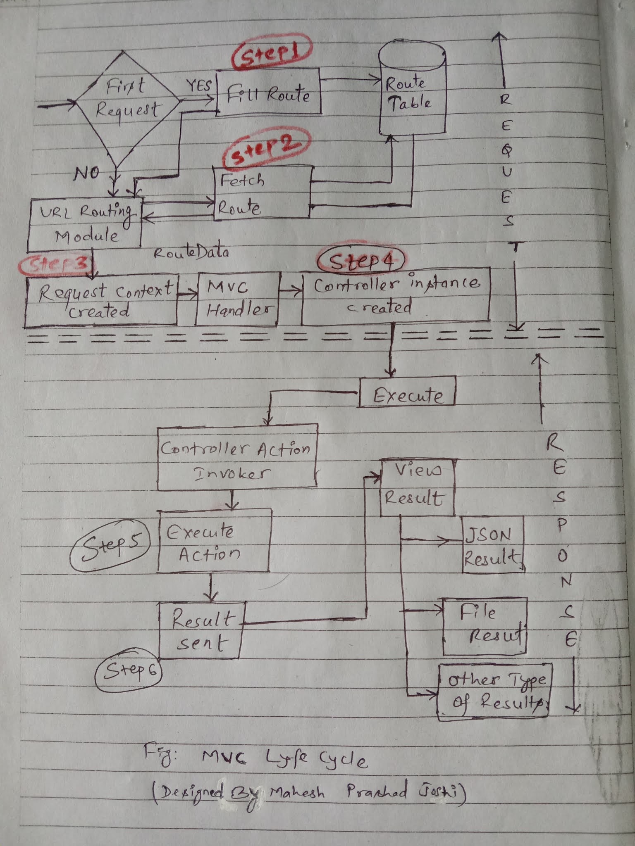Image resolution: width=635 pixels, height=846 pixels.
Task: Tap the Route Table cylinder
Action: click(x=412, y=93)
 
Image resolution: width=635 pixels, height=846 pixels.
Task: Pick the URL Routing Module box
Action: click(x=85, y=223)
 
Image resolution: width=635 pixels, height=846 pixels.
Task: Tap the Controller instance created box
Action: click(x=396, y=295)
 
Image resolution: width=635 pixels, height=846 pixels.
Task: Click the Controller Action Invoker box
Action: click(x=237, y=457)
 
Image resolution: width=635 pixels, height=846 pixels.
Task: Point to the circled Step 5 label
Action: click(x=110, y=544)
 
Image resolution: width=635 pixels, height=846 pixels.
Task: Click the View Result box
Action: click(x=417, y=487)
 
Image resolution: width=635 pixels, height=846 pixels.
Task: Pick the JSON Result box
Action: click(x=492, y=544)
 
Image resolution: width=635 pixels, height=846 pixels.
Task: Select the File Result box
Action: click(x=485, y=626)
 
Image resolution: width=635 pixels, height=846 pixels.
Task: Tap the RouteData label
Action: click(x=191, y=252)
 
